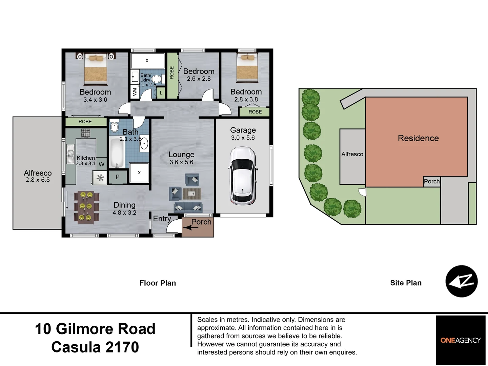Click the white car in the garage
[243, 176]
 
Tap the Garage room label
[243, 130]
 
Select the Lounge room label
[181, 155]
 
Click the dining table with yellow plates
[86, 207]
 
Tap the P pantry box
[118, 177]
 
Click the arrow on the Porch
[190, 227]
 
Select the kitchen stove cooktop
[86, 133]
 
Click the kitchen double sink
[70, 154]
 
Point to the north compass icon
[462, 281]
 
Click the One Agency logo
[461, 340]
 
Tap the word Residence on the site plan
[418, 138]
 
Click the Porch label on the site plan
[432, 181]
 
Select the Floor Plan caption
[158, 283]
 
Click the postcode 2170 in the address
[122, 347]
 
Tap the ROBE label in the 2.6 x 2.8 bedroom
[172, 73]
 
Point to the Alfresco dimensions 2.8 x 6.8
[38, 180]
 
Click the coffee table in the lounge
[192, 194]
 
